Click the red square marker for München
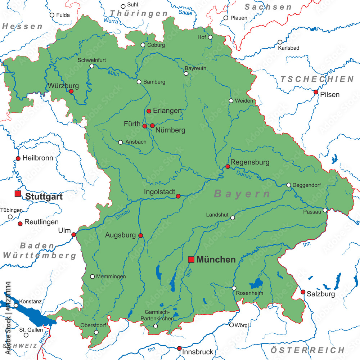click(191, 260)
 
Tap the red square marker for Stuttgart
click(18, 194)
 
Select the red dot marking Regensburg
click(228, 166)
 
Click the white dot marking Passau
click(325, 210)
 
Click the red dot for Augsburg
click(141, 235)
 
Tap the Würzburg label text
click(63, 86)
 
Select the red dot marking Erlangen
click(149, 111)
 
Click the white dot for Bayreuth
click(186, 73)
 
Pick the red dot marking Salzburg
click(303, 292)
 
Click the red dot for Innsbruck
click(179, 348)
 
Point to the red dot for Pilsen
click(316, 92)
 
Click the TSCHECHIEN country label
click(317, 79)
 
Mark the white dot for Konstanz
click(16, 306)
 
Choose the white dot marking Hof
click(210, 37)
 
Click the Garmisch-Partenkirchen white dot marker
click(156, 326)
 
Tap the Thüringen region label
click(139, 14)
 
